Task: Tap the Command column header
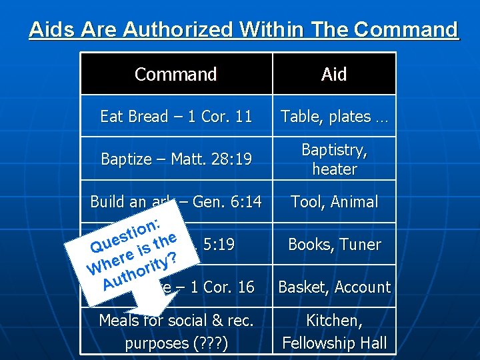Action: click(176, 74)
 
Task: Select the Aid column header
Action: click(334, 74)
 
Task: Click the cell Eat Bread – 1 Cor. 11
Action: click(176, 117)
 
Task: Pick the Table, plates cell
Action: click(334, 117)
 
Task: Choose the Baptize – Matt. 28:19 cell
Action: click(176, 159)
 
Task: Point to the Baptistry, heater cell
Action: click(334, 159)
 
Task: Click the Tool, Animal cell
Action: click(334, 202)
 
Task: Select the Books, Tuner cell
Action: click(334, 245)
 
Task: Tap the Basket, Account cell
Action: click(334, 287)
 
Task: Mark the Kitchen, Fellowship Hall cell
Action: click(334, 331)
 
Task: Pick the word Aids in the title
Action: click(49, 30)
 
